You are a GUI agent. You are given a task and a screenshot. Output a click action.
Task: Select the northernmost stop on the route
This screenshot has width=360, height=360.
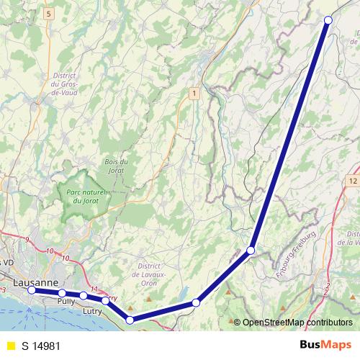[328, 20]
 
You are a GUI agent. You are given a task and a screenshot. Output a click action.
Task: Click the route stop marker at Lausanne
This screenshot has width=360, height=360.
[32, 290]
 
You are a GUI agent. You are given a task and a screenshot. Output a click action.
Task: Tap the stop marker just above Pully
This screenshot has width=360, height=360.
[63, 293]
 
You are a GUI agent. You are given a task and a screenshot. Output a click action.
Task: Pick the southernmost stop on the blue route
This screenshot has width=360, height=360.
[130, 320]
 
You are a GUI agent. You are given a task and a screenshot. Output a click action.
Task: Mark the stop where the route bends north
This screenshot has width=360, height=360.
[251, 251]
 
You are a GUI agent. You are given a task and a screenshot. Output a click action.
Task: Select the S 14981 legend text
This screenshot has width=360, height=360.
[40, 346]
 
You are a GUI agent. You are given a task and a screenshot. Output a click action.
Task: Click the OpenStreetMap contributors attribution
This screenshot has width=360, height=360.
[297, 322]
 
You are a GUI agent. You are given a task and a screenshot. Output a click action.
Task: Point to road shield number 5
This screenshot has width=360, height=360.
[48, 14]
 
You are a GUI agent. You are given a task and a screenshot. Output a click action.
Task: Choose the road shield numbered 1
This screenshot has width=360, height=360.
[194, 93]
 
